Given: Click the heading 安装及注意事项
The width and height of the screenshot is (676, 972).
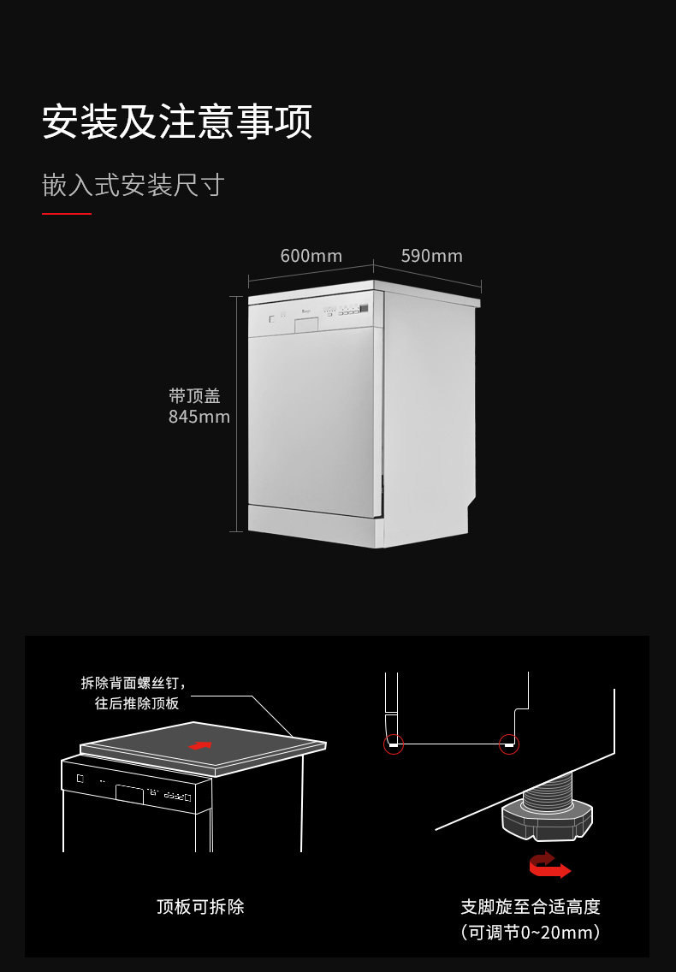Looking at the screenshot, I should pos(177,121).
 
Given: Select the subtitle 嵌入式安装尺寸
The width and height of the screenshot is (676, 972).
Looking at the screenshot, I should pos(133,185).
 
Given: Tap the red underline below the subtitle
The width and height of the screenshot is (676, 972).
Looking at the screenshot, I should pos(67,214).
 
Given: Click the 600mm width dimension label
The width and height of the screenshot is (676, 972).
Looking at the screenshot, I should pos(311,256).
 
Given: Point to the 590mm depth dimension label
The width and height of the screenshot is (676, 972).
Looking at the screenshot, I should pos(431,256).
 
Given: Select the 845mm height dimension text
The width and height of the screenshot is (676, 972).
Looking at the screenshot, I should pos(199,417).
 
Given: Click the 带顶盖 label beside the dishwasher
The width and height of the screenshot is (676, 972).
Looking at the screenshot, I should pos(194,395).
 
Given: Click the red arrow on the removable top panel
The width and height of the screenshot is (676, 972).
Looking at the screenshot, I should pos(199,746).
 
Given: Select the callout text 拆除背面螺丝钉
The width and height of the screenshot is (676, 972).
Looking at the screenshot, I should pos(133,683).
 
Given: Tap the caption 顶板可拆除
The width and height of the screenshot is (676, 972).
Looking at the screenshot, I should pos(200,906).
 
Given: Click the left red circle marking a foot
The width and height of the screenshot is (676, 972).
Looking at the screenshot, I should pos(393,744).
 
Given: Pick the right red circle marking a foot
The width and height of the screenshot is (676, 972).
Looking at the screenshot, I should pos(509,744).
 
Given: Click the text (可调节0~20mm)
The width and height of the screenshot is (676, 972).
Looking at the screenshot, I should pos(531,932).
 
